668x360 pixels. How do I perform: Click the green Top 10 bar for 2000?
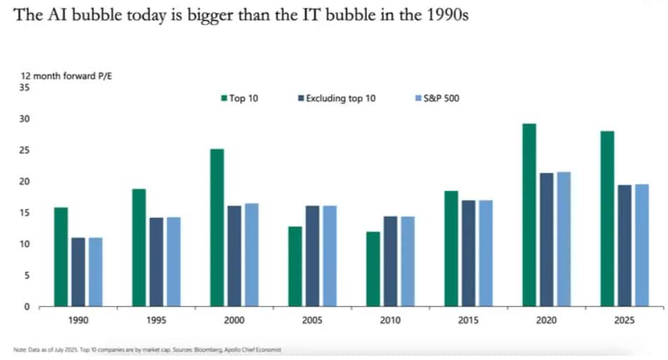[218, 227]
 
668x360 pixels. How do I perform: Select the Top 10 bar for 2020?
[529, 215]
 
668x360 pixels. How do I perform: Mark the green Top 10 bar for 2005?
[295, 266]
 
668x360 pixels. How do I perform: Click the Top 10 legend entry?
[240, 98]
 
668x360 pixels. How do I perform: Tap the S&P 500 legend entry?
[437, 98]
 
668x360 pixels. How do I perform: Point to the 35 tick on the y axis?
[26, 88]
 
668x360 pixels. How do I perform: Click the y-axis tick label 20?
[26, 182]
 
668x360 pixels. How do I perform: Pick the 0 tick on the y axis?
[28, 307]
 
